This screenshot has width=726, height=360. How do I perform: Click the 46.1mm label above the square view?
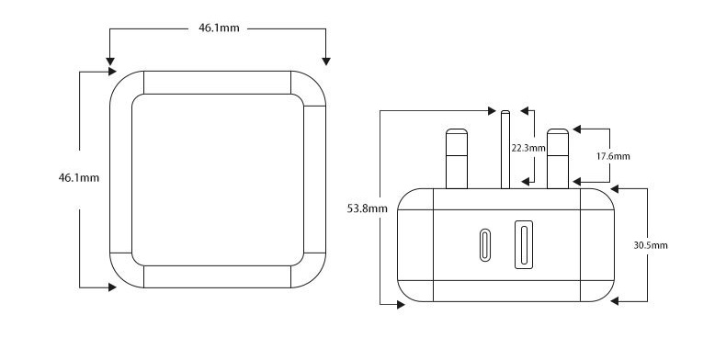click(219, 28)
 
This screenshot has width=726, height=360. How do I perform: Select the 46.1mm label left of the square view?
click(79, 177)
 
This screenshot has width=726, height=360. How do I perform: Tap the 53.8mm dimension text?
click(368, 208)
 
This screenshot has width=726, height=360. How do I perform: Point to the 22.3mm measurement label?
click(528, 148)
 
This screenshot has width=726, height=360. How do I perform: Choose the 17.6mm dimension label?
click(613, 156)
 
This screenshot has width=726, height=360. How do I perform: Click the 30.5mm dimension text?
click(651, 245)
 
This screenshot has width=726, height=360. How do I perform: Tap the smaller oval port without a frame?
click(485, 245)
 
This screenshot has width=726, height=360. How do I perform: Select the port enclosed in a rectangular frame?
click(524, 245)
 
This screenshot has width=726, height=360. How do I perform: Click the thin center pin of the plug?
click(505, 150)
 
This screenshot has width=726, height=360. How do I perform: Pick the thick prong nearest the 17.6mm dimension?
click(558, 159)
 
